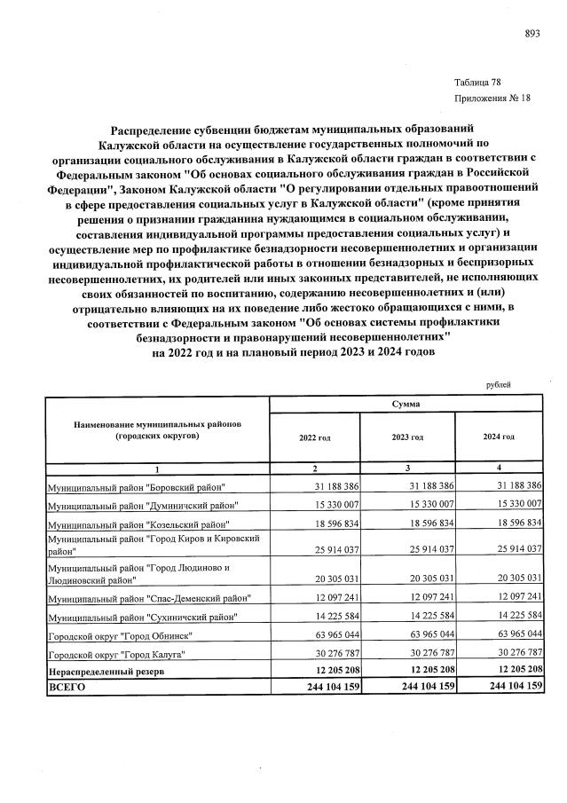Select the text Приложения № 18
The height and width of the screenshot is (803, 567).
click(x=492, y=98)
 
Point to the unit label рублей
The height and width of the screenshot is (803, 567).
click(x=499, y=385)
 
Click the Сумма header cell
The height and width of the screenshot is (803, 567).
click(x=406, y=404)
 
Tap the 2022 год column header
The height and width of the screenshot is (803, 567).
click(x=314, y=437)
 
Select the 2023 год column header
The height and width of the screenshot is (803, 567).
click(x=406, y=437)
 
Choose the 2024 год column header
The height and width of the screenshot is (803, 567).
click(x=498, y=437)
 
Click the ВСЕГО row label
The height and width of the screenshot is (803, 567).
click(x=66, y=688)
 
